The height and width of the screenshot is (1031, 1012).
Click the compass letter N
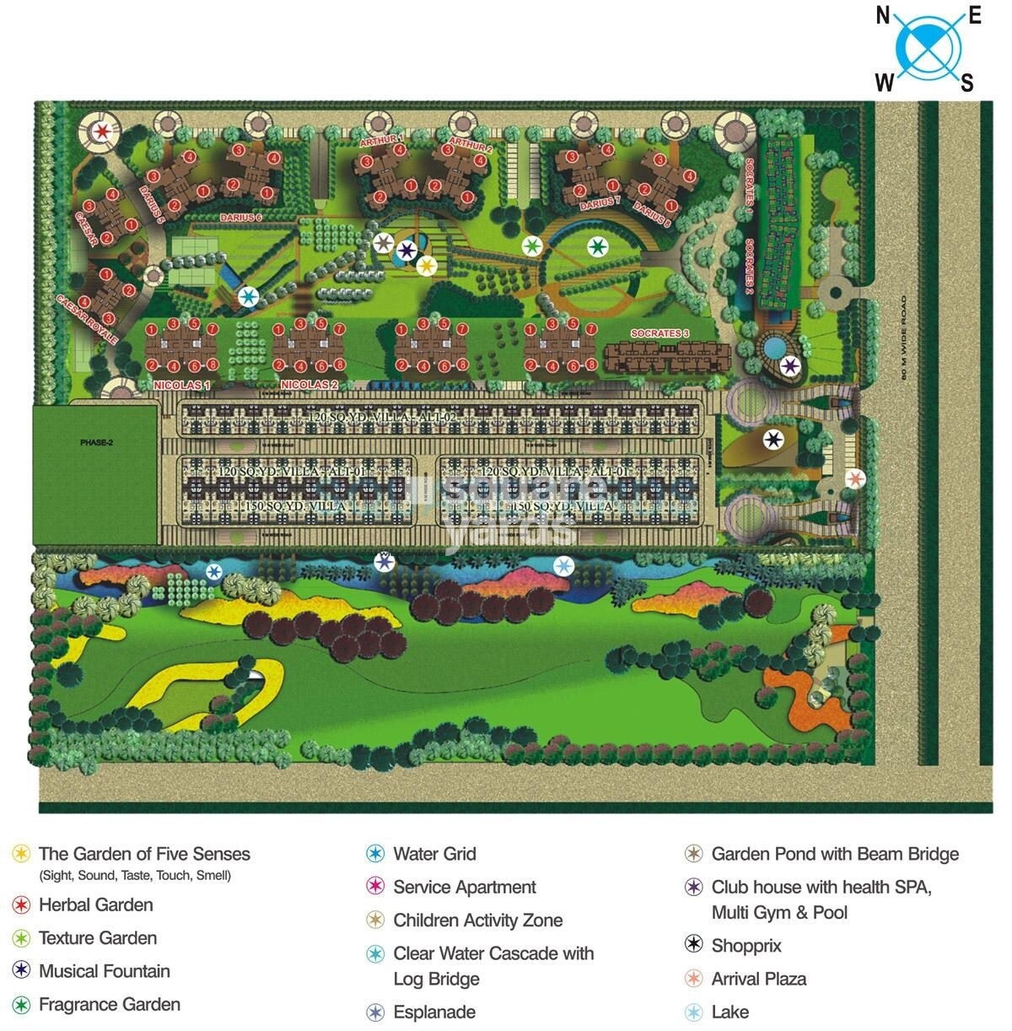(884, 15)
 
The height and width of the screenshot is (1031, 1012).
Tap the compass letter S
(967, 83)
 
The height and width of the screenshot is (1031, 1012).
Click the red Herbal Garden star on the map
(103, 132)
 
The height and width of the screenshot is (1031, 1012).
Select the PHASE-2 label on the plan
(95, 442)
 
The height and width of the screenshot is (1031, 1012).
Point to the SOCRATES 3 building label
(660, 333)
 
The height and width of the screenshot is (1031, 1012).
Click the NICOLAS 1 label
(181, 385)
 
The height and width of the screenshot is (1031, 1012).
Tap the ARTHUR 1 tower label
(381, 139)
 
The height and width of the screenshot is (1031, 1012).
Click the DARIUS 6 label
(240, 218)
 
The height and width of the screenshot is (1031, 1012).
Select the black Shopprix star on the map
(773, 440)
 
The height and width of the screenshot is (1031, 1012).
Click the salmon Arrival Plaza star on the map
(855, 479)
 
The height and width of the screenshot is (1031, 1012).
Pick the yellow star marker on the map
(427, 266)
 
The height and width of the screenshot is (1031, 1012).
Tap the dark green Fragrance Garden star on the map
(597, 246)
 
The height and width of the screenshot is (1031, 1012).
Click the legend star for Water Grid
(375, 854)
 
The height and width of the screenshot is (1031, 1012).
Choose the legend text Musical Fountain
(105, 971)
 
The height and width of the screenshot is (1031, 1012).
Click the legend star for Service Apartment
(375, 887)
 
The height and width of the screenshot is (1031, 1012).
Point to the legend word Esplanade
(434, 1012)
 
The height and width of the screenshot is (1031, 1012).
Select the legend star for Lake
(693, 1012)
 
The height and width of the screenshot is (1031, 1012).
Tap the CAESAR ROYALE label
(86, 317)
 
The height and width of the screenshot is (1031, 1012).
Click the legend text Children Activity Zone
(477, 920)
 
